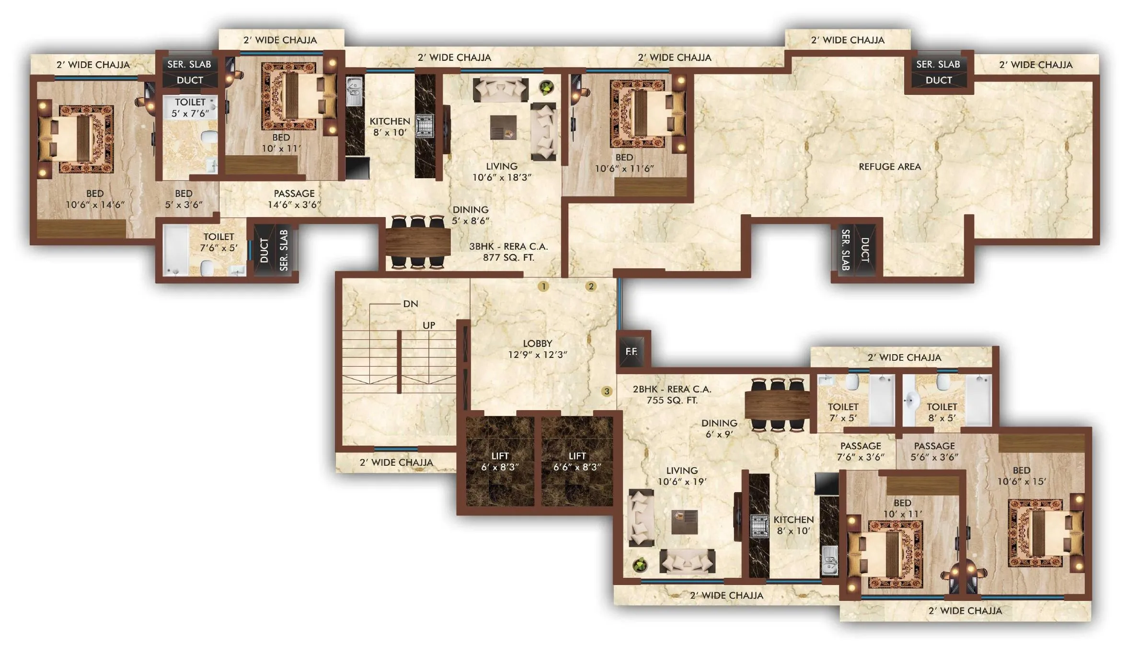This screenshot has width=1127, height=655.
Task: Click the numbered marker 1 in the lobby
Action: click(543, 287)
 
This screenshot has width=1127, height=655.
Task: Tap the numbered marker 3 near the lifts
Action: click(607, 391)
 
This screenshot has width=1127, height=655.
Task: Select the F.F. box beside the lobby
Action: click(632, 351)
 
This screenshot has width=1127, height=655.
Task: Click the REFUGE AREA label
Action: click(889, 167)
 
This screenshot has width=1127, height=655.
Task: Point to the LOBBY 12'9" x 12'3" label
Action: click(537, 349)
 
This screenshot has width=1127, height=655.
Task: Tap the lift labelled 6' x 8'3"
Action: click(500, 461)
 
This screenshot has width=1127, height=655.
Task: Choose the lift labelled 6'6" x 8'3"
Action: click(577, 461)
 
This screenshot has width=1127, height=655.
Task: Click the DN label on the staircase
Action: click(410, 304)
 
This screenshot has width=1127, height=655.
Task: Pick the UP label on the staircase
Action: click(428, 325)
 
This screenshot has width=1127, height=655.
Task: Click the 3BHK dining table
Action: click(418, 242)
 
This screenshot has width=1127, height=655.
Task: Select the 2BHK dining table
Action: click(777, 404)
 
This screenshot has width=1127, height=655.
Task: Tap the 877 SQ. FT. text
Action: click(508, 257)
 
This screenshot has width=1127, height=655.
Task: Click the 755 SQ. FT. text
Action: click(672, 400)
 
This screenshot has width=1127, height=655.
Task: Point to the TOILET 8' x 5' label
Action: click(942, 412)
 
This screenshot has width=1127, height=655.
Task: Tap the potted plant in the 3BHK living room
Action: click(546, 88)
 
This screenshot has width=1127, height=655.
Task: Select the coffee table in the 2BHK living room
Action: click(684, 521)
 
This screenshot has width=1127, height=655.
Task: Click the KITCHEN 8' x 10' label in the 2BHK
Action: click(793, 525)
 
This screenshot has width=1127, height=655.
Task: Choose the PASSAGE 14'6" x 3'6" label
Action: click(294, 199)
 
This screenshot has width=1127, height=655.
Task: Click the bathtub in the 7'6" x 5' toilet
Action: click(175, 249)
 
